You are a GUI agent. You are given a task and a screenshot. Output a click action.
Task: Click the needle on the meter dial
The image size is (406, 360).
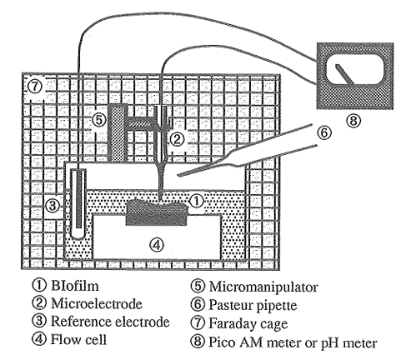click(x=344, y=74)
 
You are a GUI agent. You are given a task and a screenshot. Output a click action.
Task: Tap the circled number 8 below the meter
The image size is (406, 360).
click(x=353, y=121)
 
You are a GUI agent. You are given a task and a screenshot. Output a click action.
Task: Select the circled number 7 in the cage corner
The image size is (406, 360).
click(x=35, y=87)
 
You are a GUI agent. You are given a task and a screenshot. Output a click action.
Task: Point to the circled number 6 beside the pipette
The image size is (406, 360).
click(x=324, y=132)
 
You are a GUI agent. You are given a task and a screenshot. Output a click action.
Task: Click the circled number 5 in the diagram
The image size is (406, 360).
click(x=99, y=120)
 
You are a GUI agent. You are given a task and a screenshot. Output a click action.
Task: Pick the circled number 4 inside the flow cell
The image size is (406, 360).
click(x=157, y=244)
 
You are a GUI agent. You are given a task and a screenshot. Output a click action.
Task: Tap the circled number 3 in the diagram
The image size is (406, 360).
click(x=53, y=206)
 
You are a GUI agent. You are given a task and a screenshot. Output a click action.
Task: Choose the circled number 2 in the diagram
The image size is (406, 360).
click(x=177, y=139)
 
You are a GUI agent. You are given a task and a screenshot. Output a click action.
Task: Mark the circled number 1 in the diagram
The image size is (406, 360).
click(x=196, y=201)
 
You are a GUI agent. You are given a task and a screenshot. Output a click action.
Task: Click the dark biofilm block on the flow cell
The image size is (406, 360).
click(x=157, y=213)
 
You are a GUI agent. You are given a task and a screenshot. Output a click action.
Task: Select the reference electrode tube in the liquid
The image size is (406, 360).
click(x=78, y=203)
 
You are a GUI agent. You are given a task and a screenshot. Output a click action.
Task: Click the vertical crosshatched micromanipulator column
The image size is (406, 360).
click(x=117, y=132)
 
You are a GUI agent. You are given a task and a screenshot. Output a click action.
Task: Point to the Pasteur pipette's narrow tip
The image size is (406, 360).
click(x=179, y=175)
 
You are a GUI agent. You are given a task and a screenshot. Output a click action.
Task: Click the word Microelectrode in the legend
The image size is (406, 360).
click(x=97, y=303)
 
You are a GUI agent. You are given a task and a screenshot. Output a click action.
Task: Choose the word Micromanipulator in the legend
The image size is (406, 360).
click(x=263, y=287)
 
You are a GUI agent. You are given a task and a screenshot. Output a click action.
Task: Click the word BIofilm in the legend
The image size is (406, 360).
click(x=74, y=285)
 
